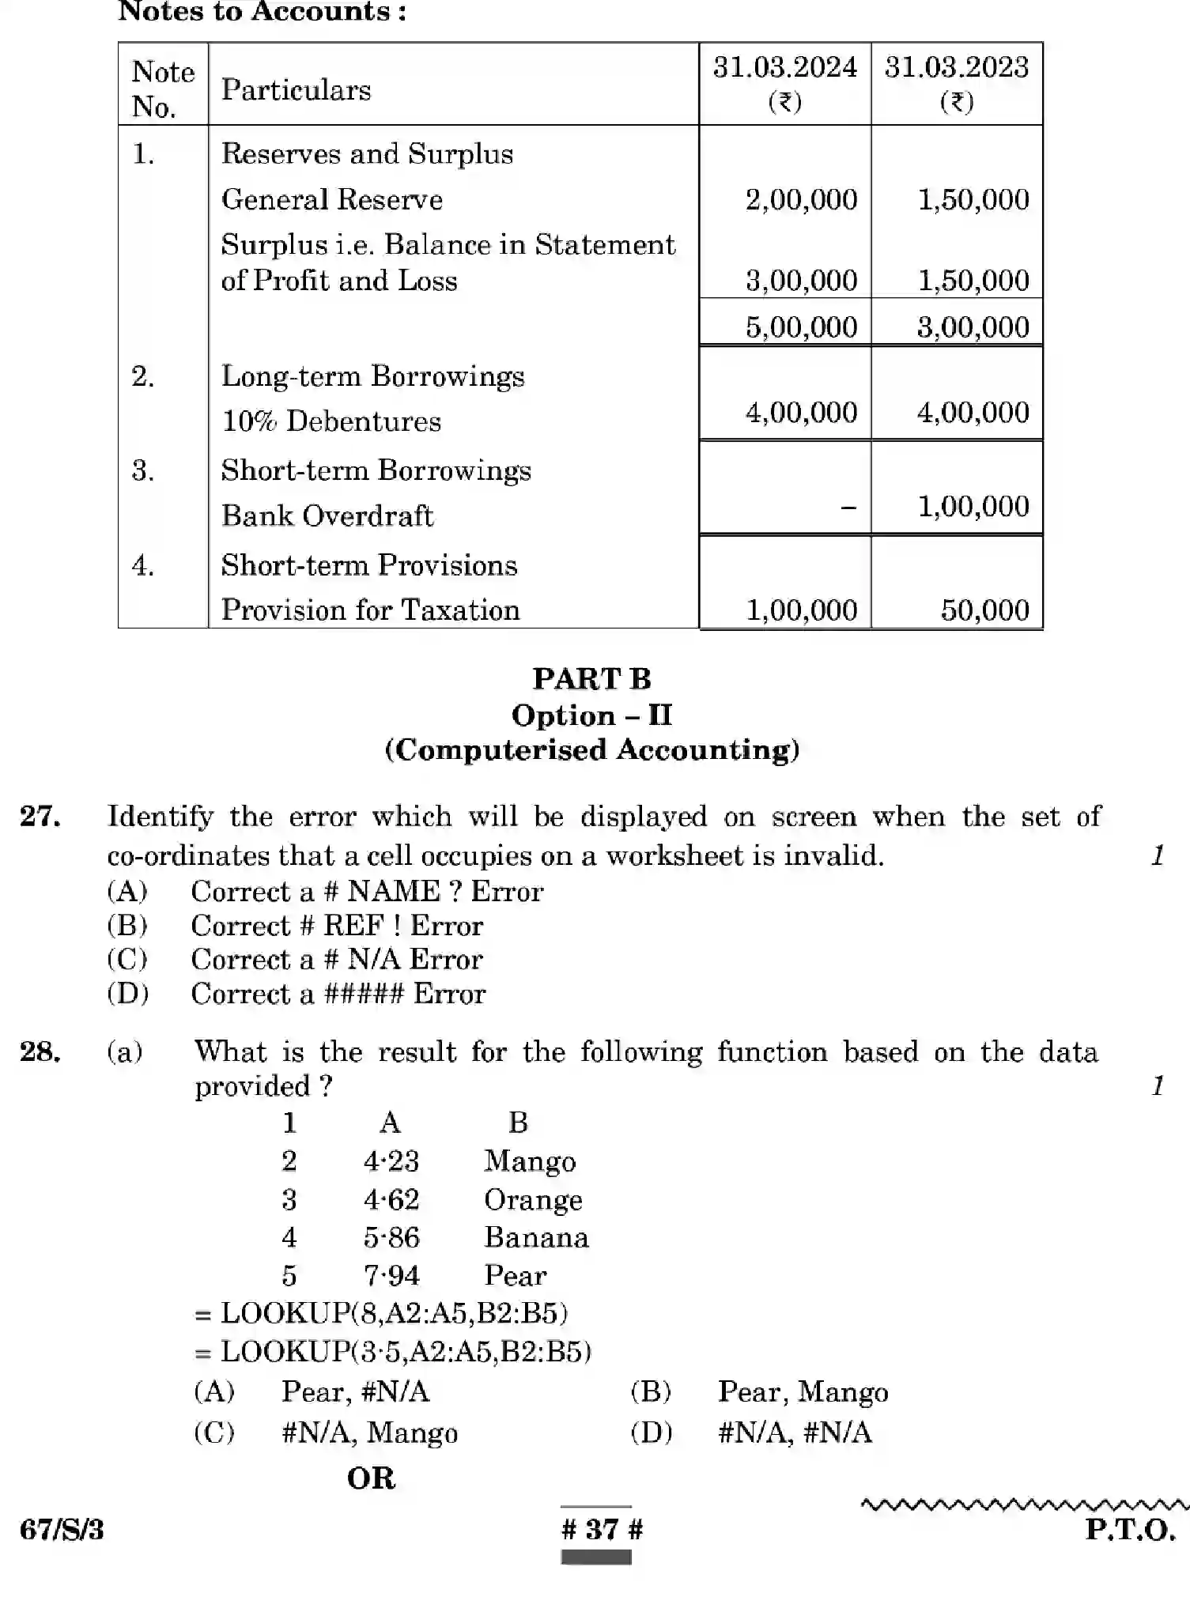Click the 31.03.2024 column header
click(784, 83)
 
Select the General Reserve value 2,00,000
click(801, 199)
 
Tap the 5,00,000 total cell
click(801, 327)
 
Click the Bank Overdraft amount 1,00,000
click(973, 506)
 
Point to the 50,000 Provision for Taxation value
click(984, 610)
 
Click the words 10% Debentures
click(331, 421)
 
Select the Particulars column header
click(296, 90)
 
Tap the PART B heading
click(591, 679)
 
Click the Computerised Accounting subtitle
click(591, 749)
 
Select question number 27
click(40, 816)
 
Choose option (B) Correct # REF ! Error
click(337, 926)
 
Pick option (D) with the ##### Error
click(338, 994)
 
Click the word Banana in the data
click(536, 1237)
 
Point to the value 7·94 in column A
click(391, 1275)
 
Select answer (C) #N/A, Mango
click(369, 1432)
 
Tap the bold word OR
click(371, 1478)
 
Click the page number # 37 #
click(602, 1530)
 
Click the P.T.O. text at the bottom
click(1130, 1530)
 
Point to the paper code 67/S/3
click(62, 1530)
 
